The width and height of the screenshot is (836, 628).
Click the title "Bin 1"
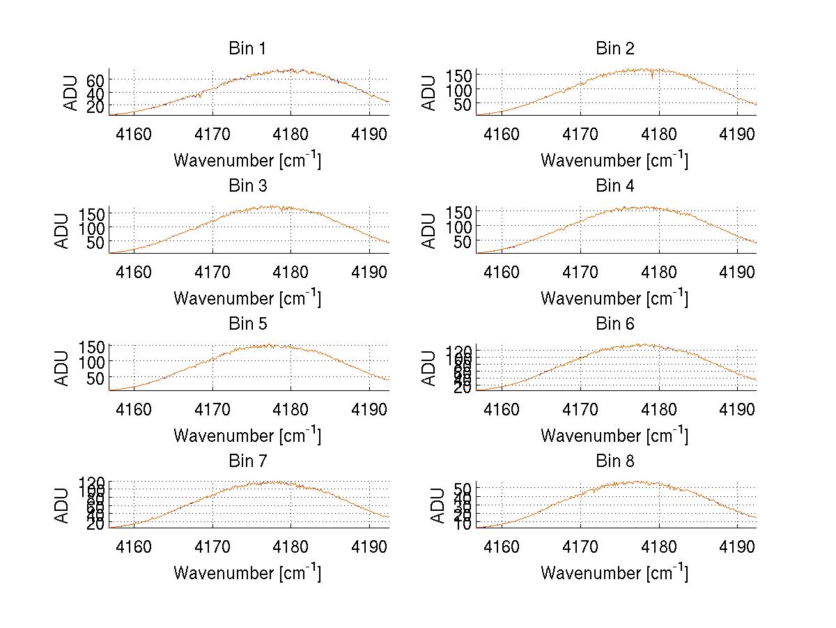pyautogui.click(x=247, y=48)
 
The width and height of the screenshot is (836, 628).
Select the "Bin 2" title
pyautogui.click(x=614, y=48)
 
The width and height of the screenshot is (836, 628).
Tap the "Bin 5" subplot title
pyautogui.click(x=247, y=323)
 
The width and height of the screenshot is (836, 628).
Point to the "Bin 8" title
pyautogui.click(x=614, y=461)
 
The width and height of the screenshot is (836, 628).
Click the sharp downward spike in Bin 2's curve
pyautogui.click(x=652, y=78)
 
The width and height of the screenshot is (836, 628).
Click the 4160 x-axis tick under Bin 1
pyautogui.click(x=134, y=134)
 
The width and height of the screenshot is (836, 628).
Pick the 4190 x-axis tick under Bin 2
pyautogui.click(x=737, y=134)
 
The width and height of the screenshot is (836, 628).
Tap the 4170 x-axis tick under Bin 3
pyautogui.click(x=212, y=271)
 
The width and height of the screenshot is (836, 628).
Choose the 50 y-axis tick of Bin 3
pyautogui.click(x=95, y=243)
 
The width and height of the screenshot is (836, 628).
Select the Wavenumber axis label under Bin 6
pyautogui.click(x=614, y=435)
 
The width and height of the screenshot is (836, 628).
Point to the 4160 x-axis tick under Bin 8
pyautogui.click(x=502, y=546)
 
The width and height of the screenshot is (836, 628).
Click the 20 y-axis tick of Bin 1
pyautogui.click(x=95, y=106)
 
